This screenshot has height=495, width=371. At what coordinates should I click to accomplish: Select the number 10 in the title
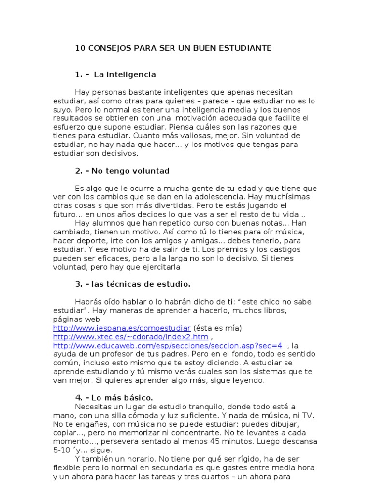coord(79,48)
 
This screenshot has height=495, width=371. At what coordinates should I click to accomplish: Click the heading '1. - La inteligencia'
coord(115,75)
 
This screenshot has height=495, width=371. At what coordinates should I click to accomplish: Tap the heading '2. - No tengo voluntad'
coord(122,171)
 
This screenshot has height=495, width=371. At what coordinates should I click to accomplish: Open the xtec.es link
coord(130,337)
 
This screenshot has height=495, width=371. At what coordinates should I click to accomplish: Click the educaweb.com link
coord(167,346)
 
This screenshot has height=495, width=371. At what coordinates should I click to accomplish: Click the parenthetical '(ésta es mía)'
coord(217,328)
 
